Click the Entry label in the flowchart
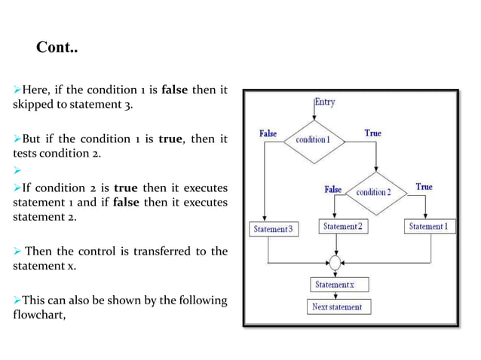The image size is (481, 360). [x=324, y=102]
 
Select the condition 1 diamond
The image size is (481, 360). [x=312, y=140]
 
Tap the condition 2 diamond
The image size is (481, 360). [x=373, y=192]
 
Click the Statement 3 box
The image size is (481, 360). [x=273, y=229]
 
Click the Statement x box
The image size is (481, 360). [x=335, y=285]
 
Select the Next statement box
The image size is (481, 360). [x=337, y=307]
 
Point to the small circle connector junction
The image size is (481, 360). [x=335, y=264]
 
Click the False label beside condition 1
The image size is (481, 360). [x=268, y=133]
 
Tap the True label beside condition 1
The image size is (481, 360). [x=372, y=133]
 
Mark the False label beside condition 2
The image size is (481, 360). [x=332, y=190]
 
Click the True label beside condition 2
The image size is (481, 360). [x=424, y=187]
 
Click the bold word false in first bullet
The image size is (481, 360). [x=175, y=91]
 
